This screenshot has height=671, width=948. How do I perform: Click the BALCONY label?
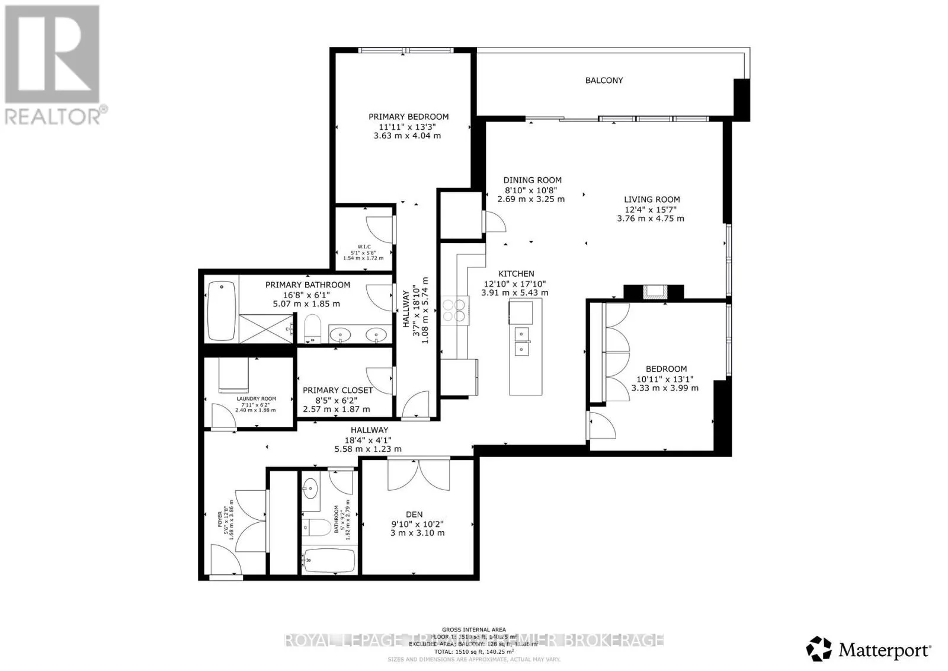(604, 80)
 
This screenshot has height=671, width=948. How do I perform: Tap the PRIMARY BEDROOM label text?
(408, 117)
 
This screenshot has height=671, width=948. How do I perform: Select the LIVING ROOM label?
(652, 200)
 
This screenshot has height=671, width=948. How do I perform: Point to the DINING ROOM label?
(532, 180)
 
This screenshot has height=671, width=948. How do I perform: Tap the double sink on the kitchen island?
(521, 341)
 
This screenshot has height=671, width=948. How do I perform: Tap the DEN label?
(414, 515)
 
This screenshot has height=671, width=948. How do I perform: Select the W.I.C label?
(364, 247)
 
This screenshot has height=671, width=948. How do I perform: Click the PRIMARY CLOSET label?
(337, 390)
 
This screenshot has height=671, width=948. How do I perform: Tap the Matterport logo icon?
(819, 650)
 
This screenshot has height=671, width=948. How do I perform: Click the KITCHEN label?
(515, 274)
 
